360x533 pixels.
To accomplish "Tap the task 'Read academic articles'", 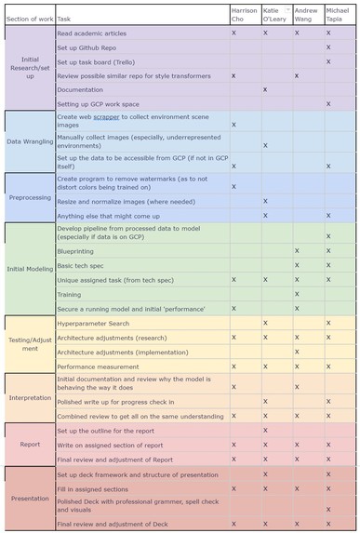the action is (x=93, y=32).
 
